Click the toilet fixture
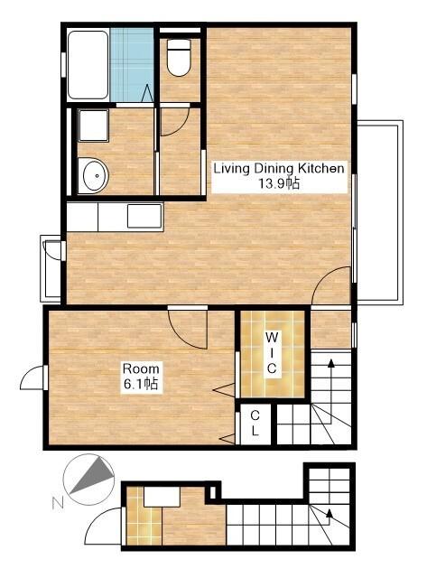(x=179, y=58)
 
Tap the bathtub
(x=88, y=65)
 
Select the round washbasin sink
(x=94, y=176)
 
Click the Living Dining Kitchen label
(x=279, y=169)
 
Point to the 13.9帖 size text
(x=279, y=183)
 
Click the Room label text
(x=141, y=368)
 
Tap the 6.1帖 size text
(x=141, y=384)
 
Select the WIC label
(x=272, y=353)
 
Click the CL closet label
(x=255, y=424)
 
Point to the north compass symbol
(x=88, y=480)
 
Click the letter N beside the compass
(x=58, y=503)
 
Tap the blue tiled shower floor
(x=132, y=65)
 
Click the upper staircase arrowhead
(x=330, y=363)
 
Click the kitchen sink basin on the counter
(x=144, y=217)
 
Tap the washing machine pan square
(x=94, y=126)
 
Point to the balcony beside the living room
(x=379, y=213)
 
